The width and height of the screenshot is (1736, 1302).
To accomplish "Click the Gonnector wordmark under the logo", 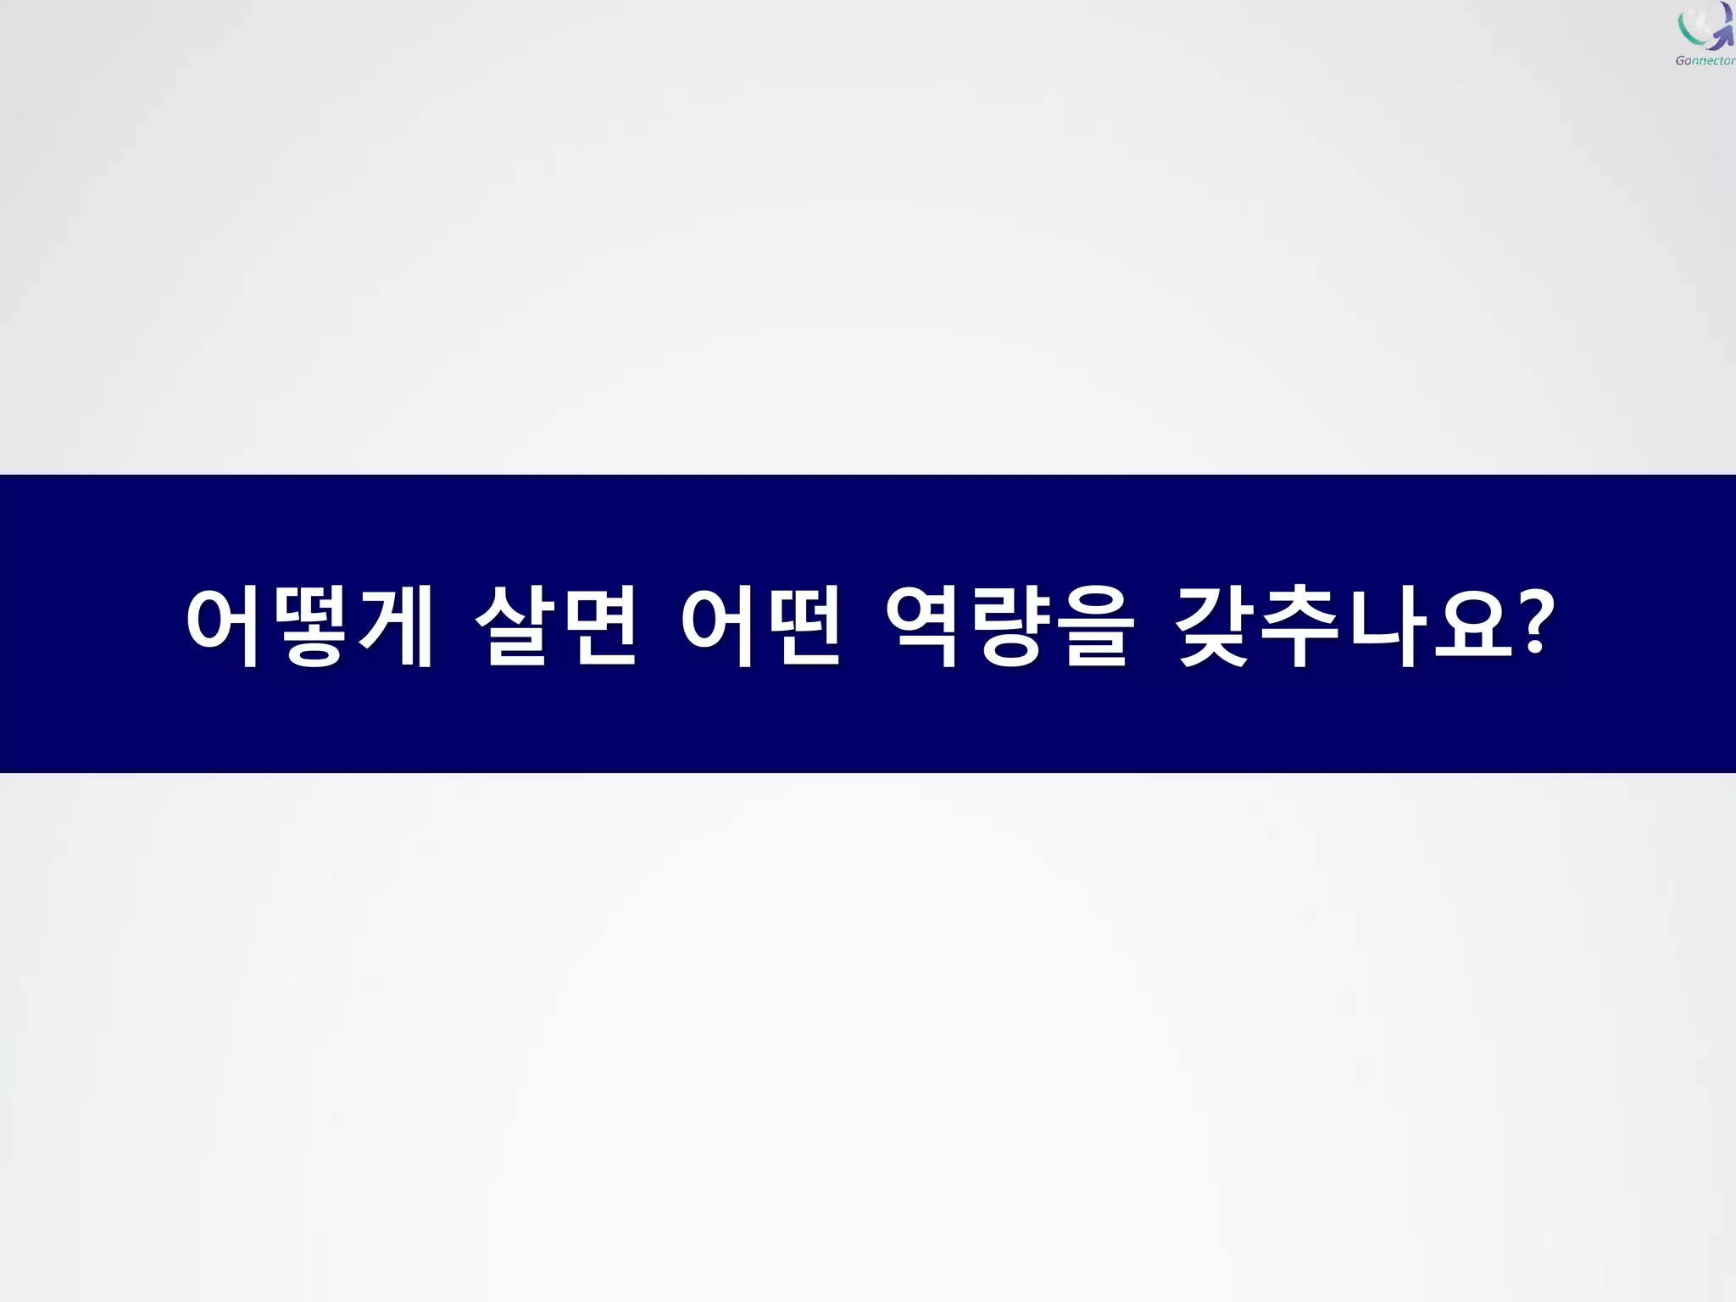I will click(x=1705, y=60).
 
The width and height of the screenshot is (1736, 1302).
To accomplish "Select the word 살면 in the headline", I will click(x=555, y=626).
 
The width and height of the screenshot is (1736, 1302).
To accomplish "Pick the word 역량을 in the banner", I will click(x=1009, y=626).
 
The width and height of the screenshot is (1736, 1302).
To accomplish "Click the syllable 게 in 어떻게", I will click(x=395, y=626).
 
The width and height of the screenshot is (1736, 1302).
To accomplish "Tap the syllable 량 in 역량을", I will click(x=1010, y=626).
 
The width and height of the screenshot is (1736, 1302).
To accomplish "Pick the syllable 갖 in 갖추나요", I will click(x=1216, y=626).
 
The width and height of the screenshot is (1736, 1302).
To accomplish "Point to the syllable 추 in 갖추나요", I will click(x=1301, y=626).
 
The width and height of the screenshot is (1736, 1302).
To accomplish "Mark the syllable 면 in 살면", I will click(x=598, y=626).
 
